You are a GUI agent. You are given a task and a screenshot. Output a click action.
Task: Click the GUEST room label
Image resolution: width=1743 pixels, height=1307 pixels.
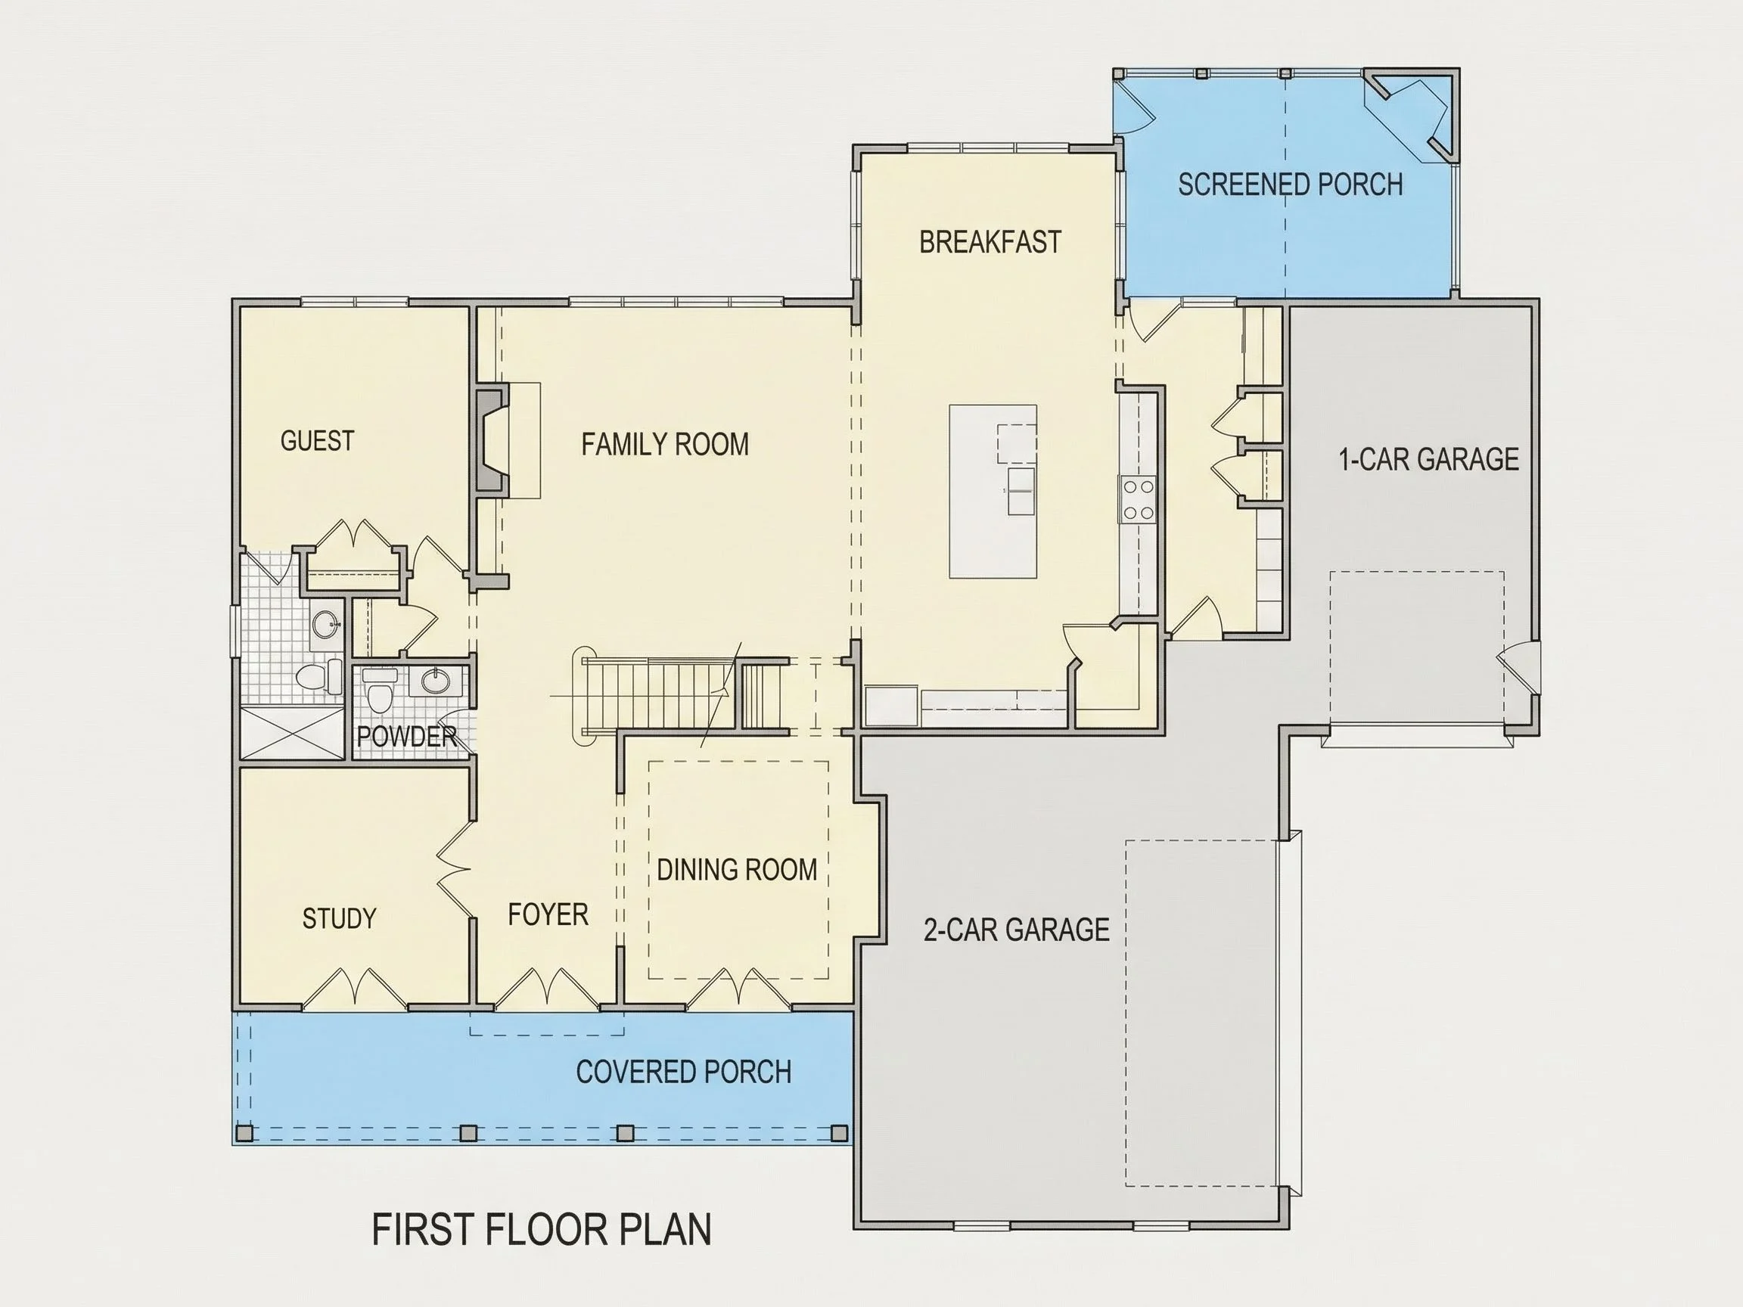tap(318, 440)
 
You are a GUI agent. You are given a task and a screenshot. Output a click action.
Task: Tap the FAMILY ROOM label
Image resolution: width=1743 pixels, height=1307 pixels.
tap(665, 444)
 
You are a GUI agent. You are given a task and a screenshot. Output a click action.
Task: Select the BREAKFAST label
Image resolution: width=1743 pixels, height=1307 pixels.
tap(990, 242)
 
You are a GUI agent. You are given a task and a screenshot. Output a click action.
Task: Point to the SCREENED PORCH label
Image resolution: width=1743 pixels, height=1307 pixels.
tap(1291, 185)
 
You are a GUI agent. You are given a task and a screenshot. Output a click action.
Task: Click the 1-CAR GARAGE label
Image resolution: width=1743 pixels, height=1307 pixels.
tap(1429, 459)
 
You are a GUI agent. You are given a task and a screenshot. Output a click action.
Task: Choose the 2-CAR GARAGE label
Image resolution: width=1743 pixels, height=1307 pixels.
tap(1017, 930)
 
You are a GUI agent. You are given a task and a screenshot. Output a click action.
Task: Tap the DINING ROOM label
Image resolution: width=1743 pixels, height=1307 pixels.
tap(737, 870)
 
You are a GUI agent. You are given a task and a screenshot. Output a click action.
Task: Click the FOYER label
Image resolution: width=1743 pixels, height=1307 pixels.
tap(548, 914)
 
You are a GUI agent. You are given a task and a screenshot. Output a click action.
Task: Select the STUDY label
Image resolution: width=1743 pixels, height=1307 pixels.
tap(340, 918)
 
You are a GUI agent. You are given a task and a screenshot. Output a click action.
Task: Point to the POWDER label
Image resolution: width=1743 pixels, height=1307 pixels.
tap(406, 737)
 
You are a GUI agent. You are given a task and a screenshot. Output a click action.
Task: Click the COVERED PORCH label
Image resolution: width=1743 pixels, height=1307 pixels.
tap(684, 1073)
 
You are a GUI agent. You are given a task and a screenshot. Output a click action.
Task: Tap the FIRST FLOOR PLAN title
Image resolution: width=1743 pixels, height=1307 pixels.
tap(542, 1230)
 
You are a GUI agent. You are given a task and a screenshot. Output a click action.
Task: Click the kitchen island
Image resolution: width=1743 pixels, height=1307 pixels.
tap(993, 492)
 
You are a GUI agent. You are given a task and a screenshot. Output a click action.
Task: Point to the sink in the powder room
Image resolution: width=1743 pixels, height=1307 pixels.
tap(435, 680)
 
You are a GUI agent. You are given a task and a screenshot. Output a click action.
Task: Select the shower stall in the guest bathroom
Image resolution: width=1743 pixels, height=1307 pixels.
tap(292, 734)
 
